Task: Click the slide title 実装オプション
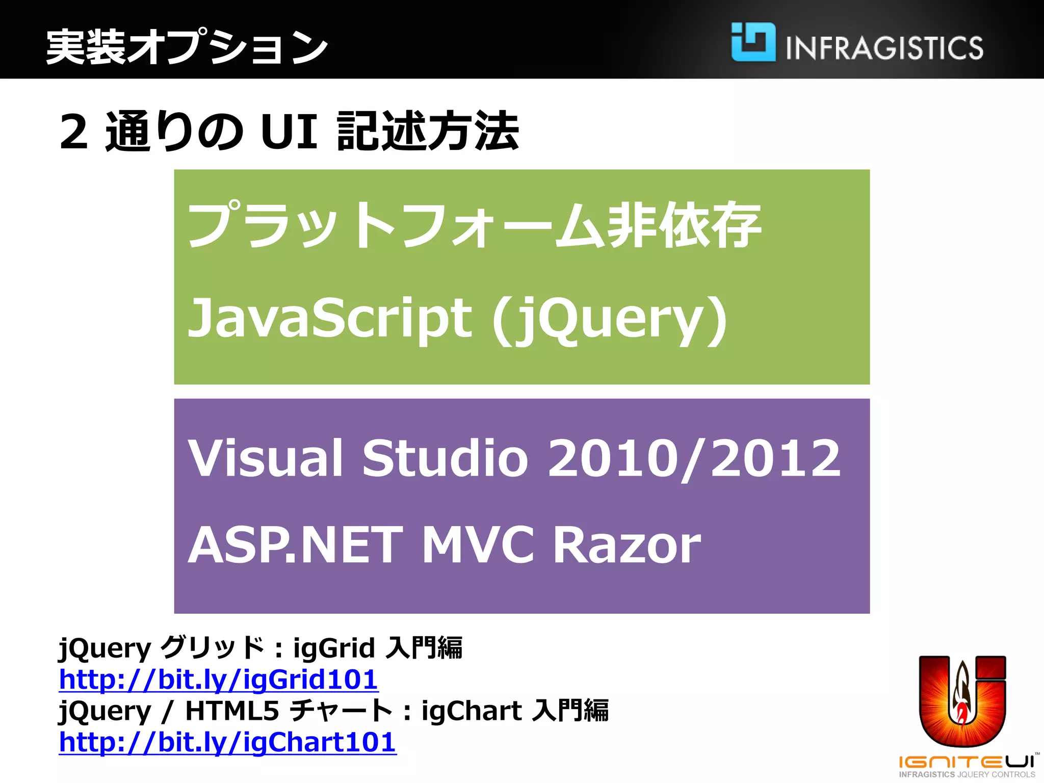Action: point(187,47)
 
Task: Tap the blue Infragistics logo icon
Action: point(753,42)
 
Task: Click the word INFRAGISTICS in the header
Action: point(884,48)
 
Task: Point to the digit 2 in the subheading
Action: point(74,132)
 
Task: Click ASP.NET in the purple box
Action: point(296,545)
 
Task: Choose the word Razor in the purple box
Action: point(627,545)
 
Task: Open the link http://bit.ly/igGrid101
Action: point(218,680)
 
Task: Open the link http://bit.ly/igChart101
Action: point(227,742)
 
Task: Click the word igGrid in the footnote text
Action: point(334,648)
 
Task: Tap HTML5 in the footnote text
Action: point(232,711)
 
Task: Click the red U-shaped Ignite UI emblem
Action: point(962,701)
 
